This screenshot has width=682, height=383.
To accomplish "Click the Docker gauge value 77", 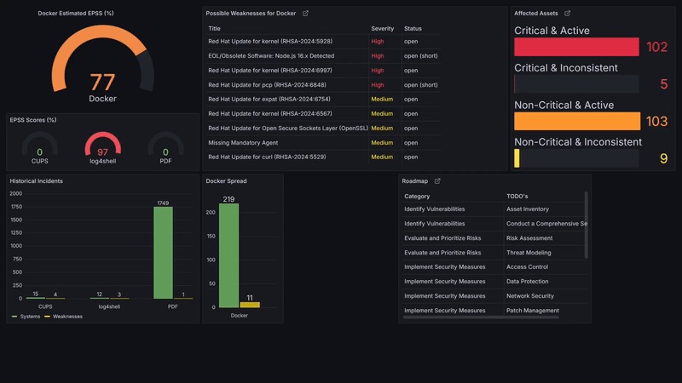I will (102, 83).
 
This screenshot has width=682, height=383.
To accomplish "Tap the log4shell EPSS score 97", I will (102, 152).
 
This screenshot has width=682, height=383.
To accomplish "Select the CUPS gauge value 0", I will (40, 152).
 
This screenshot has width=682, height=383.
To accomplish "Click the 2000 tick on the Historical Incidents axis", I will (16, 193).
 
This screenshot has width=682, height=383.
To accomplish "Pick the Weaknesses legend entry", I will (67, 316).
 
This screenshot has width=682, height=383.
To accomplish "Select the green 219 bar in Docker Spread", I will (228, 255).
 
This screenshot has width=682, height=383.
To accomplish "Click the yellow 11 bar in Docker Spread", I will (250, 304).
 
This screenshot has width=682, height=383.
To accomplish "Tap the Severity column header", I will (383, 29).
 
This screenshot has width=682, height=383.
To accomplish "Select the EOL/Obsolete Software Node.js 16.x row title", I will (271, 56).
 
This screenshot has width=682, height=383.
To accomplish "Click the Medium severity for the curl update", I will (382, 157).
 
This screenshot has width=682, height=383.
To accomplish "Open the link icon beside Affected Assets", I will (568, 14).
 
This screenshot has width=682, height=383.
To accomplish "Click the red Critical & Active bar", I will (576, 47).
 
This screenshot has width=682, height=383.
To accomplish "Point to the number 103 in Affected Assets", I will (656, 122).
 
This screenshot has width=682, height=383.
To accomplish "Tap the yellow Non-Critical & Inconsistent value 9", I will (663, 158).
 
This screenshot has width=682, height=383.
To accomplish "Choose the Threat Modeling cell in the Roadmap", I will (529, 253).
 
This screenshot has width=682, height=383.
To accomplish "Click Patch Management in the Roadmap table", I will (533, 311).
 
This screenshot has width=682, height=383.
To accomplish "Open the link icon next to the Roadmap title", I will (437, 181).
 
